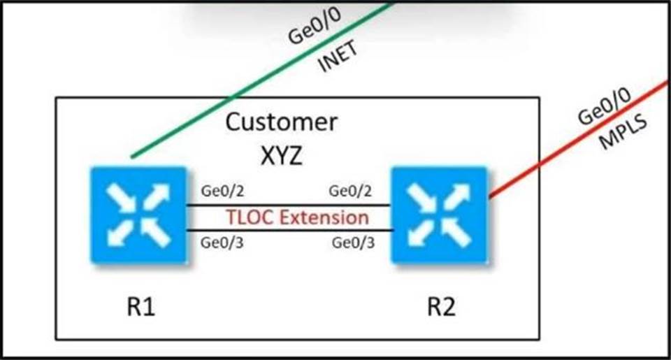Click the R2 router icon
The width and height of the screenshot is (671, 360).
click(438, 215)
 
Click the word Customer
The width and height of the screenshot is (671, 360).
click(281, 123)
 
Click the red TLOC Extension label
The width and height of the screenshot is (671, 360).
click(297, 217)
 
